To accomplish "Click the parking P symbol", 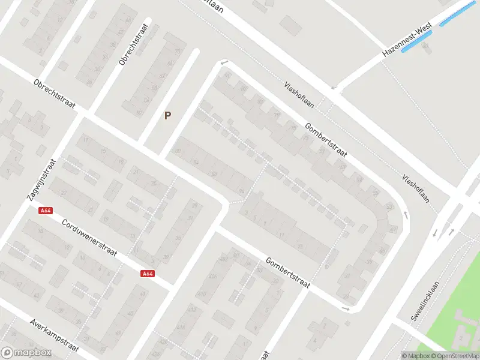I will (x=168, y=116).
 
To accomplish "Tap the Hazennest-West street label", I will (x=407, y=40).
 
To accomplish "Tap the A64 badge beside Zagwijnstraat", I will (x=45, y=211).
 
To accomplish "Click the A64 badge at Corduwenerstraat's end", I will (x=148, y=274).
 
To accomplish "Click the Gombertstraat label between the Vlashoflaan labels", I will (x=326, y=141).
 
